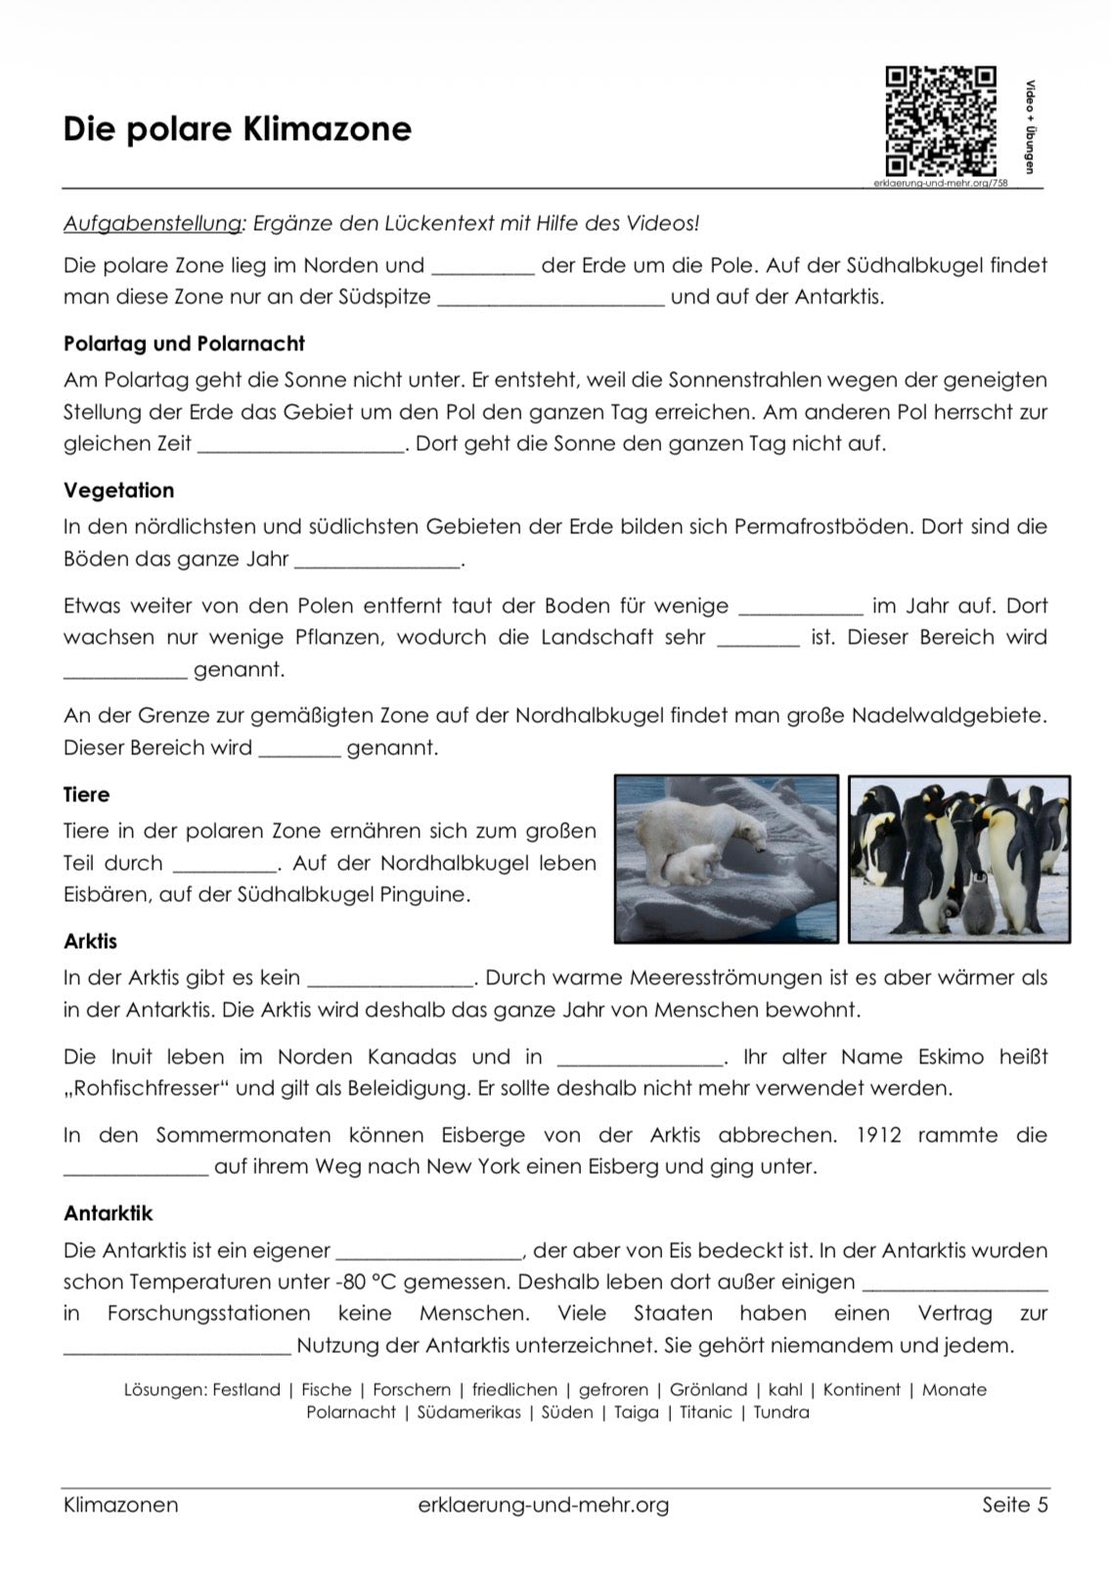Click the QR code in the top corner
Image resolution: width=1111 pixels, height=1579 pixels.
point(940,120)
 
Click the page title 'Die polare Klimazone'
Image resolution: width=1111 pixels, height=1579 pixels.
point(238,129)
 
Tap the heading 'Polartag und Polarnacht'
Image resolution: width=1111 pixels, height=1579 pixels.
point(184,343)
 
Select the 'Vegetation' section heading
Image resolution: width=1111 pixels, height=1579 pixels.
point(118,490)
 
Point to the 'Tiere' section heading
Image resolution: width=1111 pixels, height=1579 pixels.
point(86,794)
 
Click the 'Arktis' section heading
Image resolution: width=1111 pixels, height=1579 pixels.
point(90,941)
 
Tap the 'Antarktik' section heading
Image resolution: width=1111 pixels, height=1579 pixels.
point(109,1213)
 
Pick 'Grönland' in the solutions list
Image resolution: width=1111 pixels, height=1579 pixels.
point(709,1390)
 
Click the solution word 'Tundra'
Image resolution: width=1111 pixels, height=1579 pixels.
point(781,1413)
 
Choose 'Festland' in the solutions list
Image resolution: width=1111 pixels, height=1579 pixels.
point(245,1390)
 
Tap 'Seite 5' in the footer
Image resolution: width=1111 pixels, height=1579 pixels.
point(1014,1505)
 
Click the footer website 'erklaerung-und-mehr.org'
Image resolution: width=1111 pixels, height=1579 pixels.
point(543,1505)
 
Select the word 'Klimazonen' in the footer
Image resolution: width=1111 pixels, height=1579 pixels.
point(121,1505)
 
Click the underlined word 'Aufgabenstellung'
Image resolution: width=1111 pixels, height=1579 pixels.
point(154,223)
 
